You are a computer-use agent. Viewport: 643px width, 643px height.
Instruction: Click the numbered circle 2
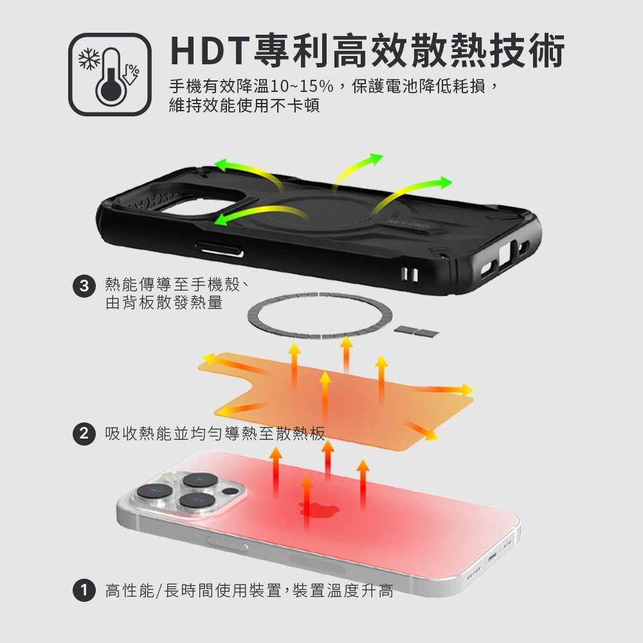(83, 434)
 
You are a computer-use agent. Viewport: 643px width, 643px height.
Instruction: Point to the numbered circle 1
(83, 590)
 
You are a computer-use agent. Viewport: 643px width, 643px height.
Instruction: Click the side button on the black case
(219, 248)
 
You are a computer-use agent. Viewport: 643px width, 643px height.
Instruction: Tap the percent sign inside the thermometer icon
(132, 68)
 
